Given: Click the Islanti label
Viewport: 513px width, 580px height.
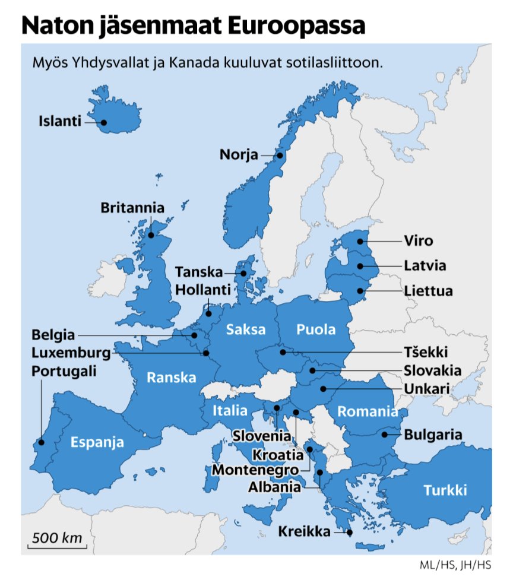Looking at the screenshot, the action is click(x=59, y=122).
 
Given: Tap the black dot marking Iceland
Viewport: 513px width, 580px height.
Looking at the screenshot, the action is click(x=103, y=123).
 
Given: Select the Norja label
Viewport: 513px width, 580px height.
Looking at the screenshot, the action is click(x=239, y=155).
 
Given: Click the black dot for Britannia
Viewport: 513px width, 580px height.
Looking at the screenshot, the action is click(x=151, y=235).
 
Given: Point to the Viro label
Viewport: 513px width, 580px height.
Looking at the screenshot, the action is click(x=418, y=241).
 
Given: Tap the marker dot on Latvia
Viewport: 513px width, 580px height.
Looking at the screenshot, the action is click(x=360, y=266).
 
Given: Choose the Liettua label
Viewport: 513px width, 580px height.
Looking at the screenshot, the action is click(x=428, y=291).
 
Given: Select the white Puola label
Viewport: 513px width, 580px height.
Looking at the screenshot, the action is click(x=316, y=329).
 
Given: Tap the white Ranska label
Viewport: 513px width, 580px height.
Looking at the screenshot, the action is click(x=172, y=377).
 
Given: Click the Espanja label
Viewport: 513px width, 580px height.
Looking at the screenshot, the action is click(x=97, y=442).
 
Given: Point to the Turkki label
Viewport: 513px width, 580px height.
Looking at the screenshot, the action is click(x=445, y=490).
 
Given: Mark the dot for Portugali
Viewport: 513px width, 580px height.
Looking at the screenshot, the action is click(x=41, y=442).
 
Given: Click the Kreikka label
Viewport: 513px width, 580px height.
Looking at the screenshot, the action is click(x=304, y=531).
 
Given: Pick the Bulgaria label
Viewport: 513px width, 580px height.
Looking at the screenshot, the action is click(x=433, y=435).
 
